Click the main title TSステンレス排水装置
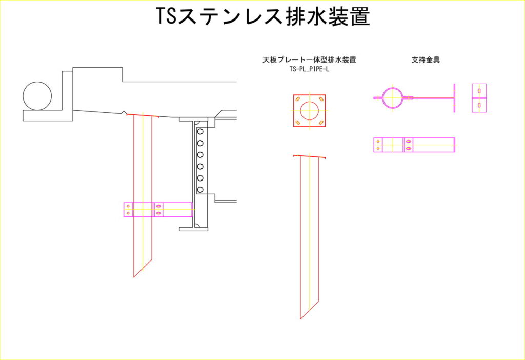(x=263, y=16)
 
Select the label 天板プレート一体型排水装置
(x=309, y=60)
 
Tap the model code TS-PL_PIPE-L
(x=309, y=69)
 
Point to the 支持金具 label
(x=426, y=60)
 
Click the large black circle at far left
(x=37, y=96)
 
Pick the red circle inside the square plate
(x=309, y=110)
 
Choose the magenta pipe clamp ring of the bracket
(x=392, y=97)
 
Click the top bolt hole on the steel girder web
(x=200, y=131)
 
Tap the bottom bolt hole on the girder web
(x=200, y=190)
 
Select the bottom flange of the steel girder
(x=193, y=229)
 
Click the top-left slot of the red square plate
(x=298, y=99)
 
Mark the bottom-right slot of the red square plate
(x=321, y=122)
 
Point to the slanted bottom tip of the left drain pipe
(x=134, y=277)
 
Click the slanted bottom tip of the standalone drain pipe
(x=300, y=319)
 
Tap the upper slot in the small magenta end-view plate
(x=479, y=91)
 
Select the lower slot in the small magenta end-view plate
(x=479, y=105)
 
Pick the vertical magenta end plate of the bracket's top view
(x=454, y=98)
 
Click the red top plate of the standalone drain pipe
(x=310, y=156)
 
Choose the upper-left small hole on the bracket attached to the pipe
(x=128, y=206)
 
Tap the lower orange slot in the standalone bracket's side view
(x=408, y=148)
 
